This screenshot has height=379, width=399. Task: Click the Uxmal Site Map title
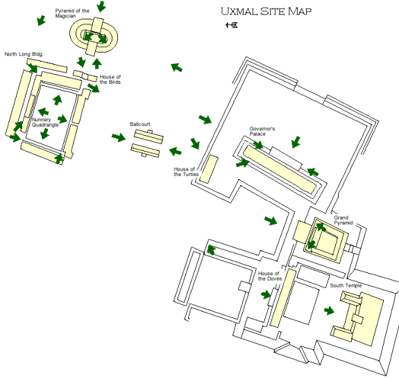[266, 11]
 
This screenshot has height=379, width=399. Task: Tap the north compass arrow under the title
[232, 25]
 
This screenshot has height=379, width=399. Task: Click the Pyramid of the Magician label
[72, 13]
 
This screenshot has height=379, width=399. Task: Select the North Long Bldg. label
[24, 54]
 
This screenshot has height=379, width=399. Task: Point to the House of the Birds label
[110, 79]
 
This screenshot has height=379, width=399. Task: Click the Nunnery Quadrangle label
[45, 122]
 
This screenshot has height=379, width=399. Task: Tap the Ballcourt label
[140, 124]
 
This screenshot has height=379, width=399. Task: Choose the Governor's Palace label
[262, 132]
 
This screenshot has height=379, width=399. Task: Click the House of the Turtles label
[186, 172]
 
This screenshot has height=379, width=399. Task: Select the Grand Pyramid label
[343, 220]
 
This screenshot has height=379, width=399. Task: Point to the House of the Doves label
[270, 276]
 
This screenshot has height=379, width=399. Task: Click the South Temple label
[346, 285]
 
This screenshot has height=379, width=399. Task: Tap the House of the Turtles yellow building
[209, 169]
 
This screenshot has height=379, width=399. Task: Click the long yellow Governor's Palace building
[280, 170]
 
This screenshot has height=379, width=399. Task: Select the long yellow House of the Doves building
[283, 298]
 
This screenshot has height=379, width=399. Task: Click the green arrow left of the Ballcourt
[119, 137]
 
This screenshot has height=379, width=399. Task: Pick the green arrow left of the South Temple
[329, 310]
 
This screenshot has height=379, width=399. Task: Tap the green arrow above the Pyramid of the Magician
[101, 6]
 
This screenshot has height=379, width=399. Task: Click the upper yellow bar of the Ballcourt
[149, 136]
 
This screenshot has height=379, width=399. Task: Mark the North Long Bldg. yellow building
[46, 66]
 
